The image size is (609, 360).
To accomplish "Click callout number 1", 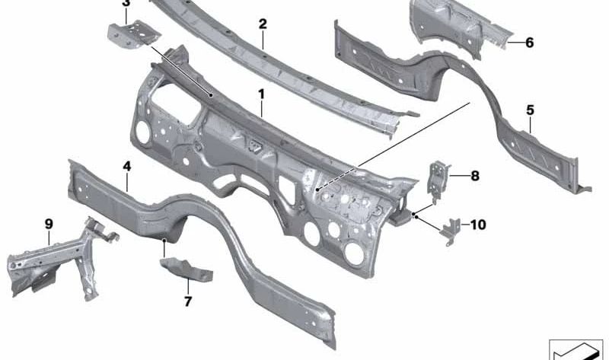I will click(260, 94).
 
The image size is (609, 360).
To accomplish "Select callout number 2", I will click(263, 24).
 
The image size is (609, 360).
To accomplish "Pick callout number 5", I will click(530, 110).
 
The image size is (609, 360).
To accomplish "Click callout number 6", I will click(529, 43).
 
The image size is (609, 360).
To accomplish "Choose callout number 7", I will click(188, 301).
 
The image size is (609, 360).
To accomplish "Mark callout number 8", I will click(475, 177).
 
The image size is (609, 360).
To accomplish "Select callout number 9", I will click(49, 224).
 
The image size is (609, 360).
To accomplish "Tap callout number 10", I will click(477, 225).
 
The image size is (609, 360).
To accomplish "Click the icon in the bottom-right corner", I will click(576, 348).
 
